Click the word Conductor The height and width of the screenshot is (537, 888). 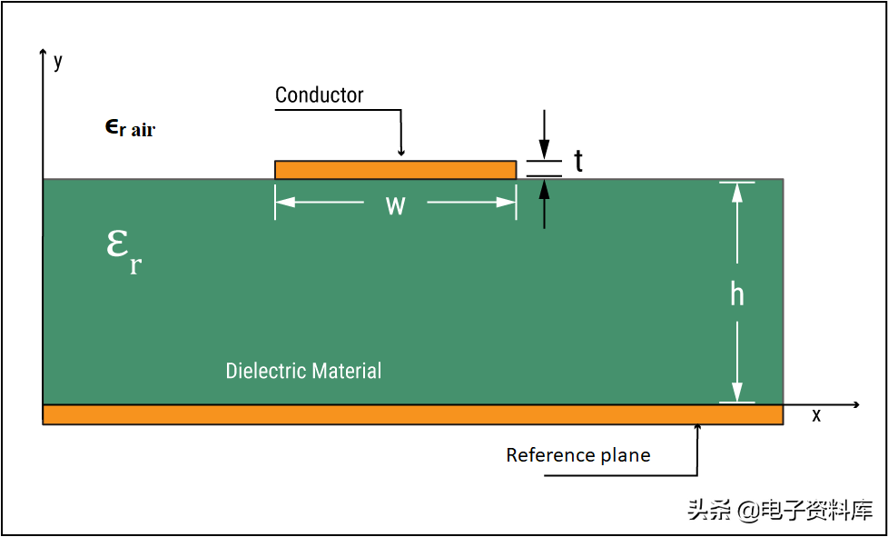(319, 95)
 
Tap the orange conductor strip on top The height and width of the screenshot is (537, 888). (395, 170)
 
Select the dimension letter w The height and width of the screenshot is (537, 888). (395, 204)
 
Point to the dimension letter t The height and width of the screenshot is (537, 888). (578, 162)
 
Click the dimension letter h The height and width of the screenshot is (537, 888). (737, 294)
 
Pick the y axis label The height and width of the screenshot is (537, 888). (58, 61)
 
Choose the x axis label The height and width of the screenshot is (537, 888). (816, 415)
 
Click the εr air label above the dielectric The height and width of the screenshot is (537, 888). (130, 128)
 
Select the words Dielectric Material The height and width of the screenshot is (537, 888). (303, 371)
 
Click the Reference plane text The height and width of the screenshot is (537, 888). (578, 455)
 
